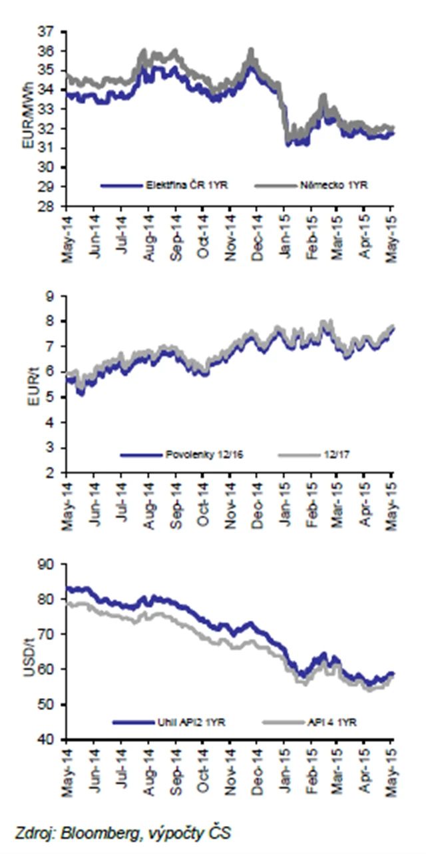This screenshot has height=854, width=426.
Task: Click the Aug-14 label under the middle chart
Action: click(x=149, y=506)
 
